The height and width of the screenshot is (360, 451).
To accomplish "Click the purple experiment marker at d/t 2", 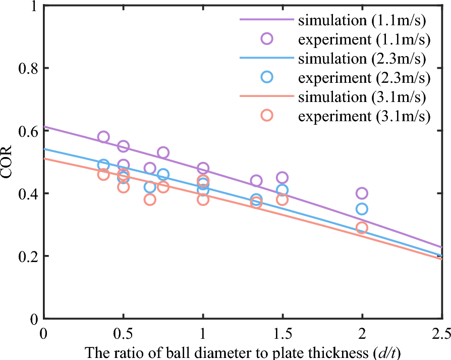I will [x=362, y=193].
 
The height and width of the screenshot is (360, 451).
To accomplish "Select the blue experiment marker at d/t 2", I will [x=362, y=209].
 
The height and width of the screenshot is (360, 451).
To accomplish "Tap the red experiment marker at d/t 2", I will [x=362, y=228].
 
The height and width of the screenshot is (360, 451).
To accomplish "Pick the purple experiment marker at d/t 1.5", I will [x=282, y=178].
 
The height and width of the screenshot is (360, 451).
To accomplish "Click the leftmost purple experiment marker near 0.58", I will [x=103, y=137].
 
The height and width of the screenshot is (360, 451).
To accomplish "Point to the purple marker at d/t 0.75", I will [x=163, y=152].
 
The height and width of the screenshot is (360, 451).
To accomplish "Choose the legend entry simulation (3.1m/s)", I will [x=364, y=96].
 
